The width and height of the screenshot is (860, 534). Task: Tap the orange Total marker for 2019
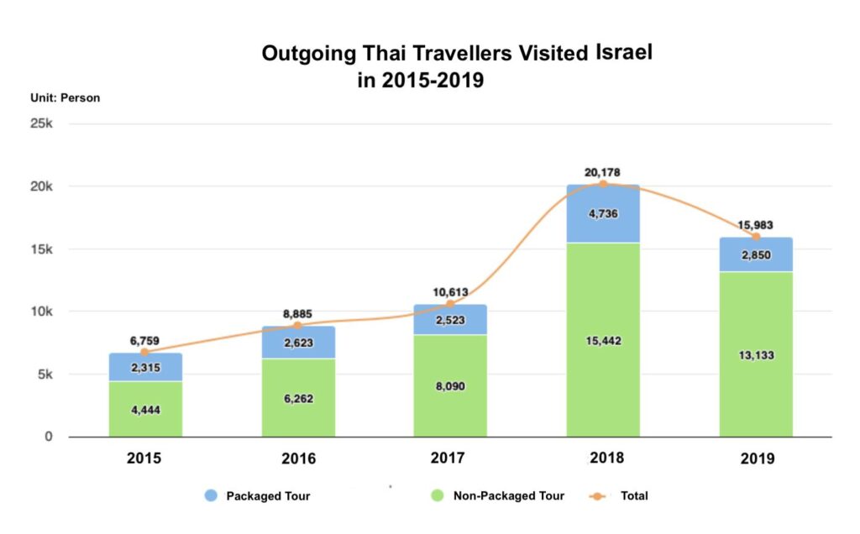pos(756,237)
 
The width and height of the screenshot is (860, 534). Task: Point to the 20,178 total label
pos(602,172)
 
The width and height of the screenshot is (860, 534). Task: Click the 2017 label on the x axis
pos(451,458)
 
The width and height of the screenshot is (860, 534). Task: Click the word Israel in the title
pos(624,52)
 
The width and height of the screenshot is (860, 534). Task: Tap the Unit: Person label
pos(65,97)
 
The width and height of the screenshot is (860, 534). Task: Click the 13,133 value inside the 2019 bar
pos(756,355)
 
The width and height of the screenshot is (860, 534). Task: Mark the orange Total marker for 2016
pos(297,326)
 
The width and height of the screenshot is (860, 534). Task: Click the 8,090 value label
pos(451,386)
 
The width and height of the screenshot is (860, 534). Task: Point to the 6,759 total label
pos(144,341)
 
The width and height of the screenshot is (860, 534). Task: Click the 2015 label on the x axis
pos(144,458)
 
